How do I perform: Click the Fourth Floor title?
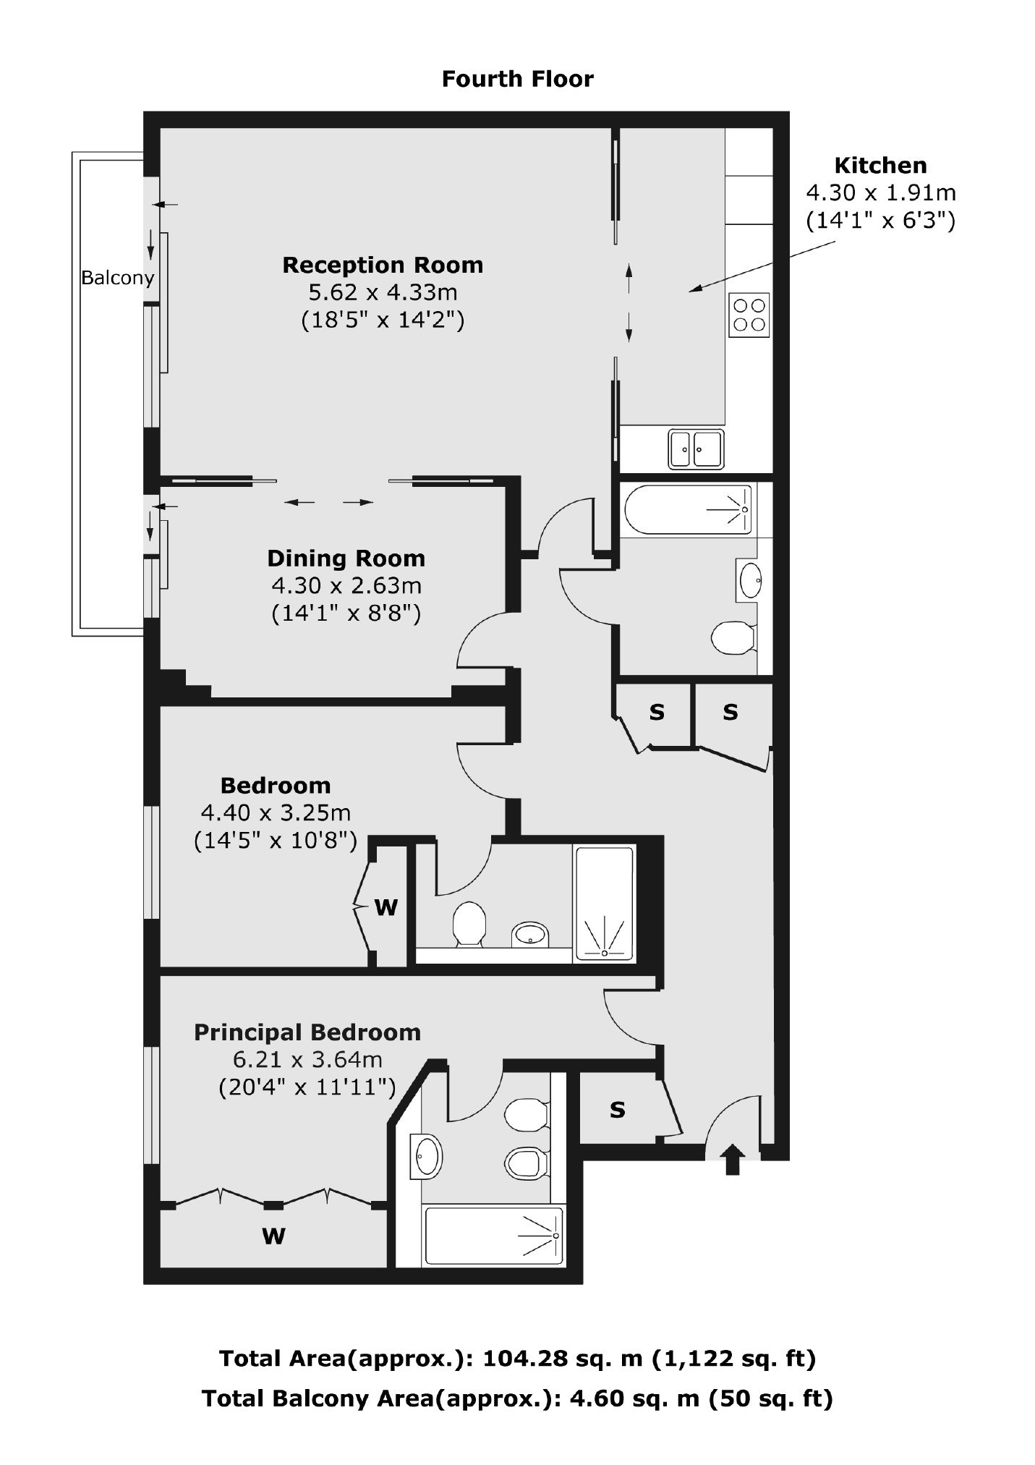[517, 78]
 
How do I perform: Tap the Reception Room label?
[383, 265]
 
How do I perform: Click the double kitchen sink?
[696, 449]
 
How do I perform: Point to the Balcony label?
[117, 278]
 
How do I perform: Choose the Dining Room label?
[346, 558]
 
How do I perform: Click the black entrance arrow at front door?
[732, 1159]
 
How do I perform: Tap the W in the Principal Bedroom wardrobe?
[273, 1236]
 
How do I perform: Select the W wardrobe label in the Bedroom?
[386, 907]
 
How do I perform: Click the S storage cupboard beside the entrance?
[617, 1110]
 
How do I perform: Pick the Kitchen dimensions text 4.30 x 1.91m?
[881, 192]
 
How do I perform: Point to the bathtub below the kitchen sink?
[688, 510]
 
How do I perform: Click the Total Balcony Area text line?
[517, 1398]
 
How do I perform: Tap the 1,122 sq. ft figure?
[733, 1359]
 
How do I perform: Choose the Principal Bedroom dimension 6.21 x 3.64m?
[307, 1060]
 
